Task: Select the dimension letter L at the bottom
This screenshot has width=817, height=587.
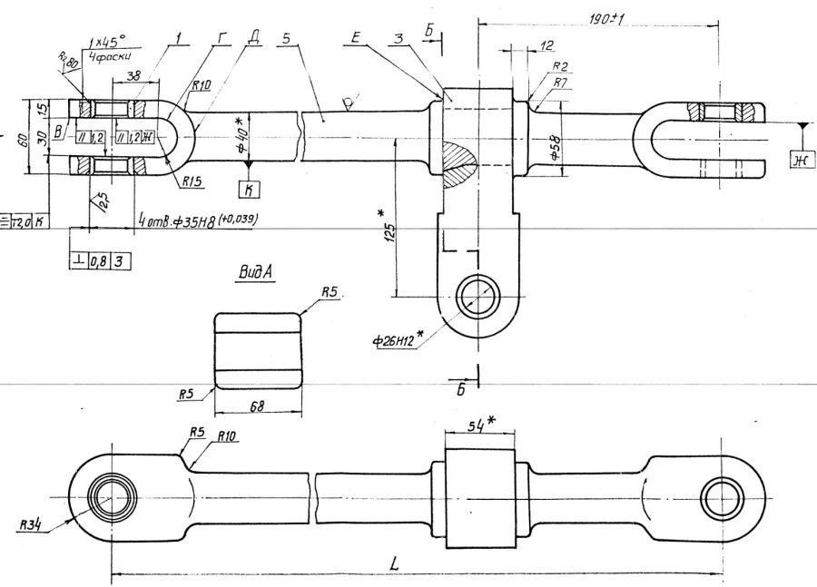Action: click(x=395, y=563)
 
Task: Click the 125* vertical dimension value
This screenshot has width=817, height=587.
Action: click(x=388, y=230)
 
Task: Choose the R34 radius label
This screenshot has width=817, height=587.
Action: click(x=34, y=524)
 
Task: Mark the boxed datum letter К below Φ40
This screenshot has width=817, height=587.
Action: click(x=247, y=189)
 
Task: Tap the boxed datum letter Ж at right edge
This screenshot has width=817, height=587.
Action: click(x=802, y=161)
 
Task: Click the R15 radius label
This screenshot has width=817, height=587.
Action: click(x=191, y=181)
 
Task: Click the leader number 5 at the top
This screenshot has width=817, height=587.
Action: click(x=285, y=41)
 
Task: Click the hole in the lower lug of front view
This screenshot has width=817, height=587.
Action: click(x=477, y=298)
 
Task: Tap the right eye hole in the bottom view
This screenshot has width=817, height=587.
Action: click(x=723, y=498)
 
